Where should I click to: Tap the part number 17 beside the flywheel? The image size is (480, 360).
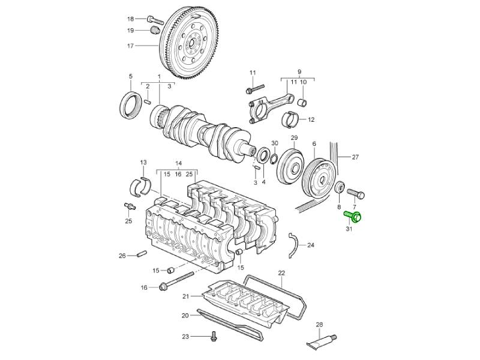[130, 46]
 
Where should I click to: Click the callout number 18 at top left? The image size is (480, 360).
[130, 19]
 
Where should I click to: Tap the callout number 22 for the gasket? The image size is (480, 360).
[281, 274]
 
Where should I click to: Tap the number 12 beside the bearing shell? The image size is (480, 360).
[311, 120]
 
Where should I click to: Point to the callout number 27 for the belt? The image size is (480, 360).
[355, 157]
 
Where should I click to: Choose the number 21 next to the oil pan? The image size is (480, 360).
[185, 296]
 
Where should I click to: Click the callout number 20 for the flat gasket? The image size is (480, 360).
[185, 316]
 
